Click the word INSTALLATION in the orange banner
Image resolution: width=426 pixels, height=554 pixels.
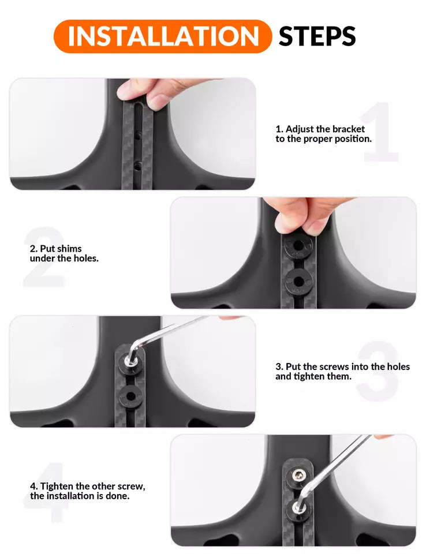[x=163, y=36]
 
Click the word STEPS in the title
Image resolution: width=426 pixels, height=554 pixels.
[x=317, y=36]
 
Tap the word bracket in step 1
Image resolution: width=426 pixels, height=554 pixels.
[x=349, y=129]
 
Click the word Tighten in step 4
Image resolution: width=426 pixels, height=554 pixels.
[x=57, y=486]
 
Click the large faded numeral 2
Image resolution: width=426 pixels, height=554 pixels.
[x=44, y=256]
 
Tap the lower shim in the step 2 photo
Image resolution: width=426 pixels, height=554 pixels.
[x=299, y=281]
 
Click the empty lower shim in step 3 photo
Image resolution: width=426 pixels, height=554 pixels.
[x=130, y=397]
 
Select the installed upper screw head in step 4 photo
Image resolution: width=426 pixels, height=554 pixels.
[x=299, y=476]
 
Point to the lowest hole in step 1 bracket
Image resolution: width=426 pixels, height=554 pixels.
[x=137, y=165]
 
